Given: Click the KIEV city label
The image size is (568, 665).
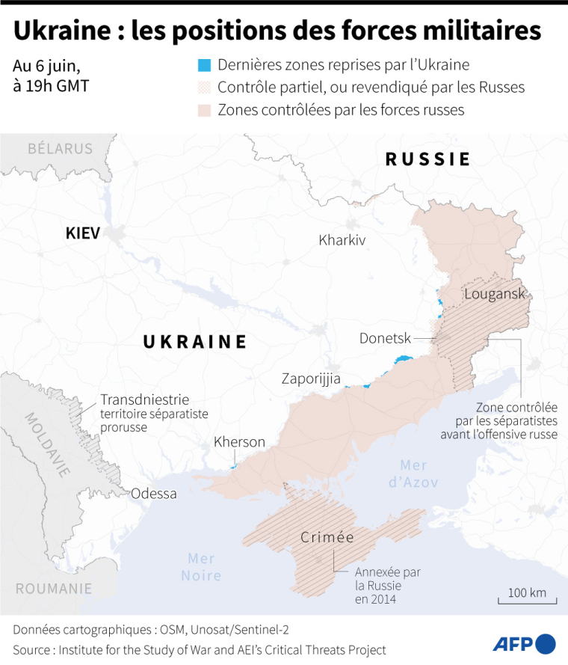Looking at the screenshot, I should pos(82,233).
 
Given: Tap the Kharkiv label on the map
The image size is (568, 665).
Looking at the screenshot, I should pos(342,240).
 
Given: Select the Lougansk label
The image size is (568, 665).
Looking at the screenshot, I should pos(494,293).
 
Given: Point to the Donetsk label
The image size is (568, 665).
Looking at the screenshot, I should pos(385,338).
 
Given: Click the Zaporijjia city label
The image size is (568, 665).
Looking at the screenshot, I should pos(311,379).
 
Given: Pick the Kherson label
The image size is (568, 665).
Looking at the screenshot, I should pos(239,442).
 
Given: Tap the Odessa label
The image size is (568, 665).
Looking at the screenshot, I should pos(154,494).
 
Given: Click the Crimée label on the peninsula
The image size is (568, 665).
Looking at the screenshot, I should pos(327,537).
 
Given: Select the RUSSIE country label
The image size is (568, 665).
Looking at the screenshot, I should pos(427,159).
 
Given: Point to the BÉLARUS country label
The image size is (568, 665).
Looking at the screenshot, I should pos(60,149).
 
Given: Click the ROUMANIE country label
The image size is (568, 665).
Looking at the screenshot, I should pos(54,589).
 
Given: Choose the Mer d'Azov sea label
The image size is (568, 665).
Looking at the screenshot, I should pos(413,474).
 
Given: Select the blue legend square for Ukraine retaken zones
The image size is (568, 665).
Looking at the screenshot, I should pos(205,65).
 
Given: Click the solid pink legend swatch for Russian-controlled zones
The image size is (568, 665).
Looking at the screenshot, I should pos(205,110).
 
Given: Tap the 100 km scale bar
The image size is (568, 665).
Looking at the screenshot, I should pos(528,599).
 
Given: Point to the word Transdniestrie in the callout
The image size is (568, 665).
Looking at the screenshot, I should pos(144,399).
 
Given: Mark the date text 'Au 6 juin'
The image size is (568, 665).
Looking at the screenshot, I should pos(46,64).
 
